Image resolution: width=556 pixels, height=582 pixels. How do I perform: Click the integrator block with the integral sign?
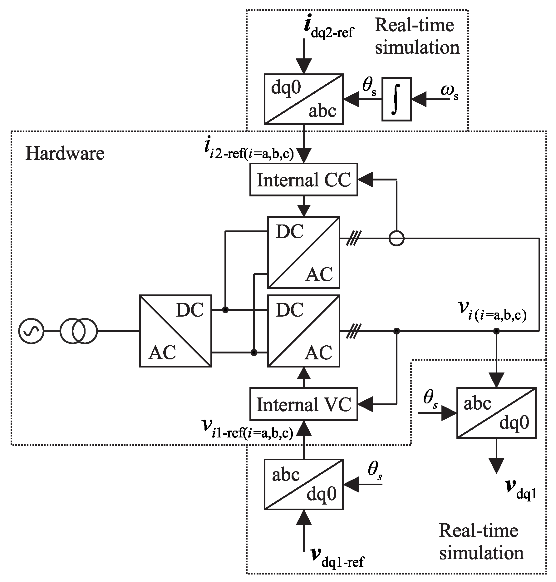(396, 99)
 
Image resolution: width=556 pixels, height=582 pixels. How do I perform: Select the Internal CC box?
(303, 180)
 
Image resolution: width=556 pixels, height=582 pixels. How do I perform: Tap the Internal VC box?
(303, 404)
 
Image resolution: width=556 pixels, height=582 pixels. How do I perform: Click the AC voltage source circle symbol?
(31, 331)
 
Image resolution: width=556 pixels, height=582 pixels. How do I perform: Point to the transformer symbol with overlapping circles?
(79, 331)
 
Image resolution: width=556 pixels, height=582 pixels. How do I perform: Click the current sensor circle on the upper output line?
(396, 239)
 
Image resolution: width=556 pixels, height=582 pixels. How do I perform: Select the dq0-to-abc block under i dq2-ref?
(303, 99)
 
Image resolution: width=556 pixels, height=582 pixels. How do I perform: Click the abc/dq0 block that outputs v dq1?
(496, 413)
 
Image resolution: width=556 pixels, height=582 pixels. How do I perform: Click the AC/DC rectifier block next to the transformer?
(175, 331)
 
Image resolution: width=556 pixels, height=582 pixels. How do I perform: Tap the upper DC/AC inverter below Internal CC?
(303, 252)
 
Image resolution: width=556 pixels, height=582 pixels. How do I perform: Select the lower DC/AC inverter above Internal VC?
(303, 331)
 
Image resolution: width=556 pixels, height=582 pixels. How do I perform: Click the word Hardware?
(65, 154)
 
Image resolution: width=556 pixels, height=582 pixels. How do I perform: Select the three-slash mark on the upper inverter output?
(354, 239)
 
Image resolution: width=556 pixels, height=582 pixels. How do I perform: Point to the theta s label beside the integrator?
(369, 87)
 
